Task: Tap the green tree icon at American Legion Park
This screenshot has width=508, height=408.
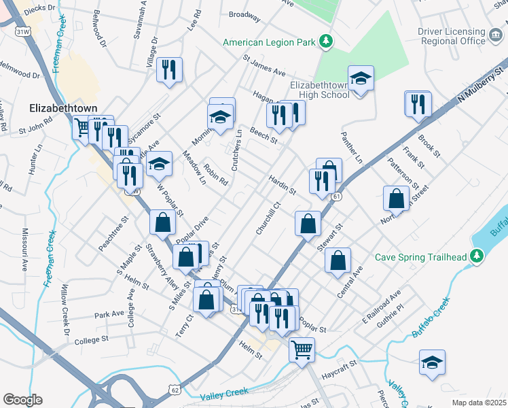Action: (327, 41)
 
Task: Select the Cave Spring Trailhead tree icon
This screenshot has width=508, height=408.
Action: (478, 256)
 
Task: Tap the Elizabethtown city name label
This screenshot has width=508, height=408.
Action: (63, 108)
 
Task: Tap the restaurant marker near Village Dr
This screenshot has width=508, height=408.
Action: (169, 69)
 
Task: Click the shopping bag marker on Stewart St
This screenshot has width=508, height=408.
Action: (308, 223)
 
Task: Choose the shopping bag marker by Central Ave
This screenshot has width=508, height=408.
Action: (338, 260)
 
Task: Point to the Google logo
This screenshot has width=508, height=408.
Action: (22, 400)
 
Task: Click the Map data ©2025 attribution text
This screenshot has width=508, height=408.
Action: (479, 403)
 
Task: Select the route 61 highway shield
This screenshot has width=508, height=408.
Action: (335, 197)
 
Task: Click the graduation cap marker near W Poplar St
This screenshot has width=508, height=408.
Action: (159, 164)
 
